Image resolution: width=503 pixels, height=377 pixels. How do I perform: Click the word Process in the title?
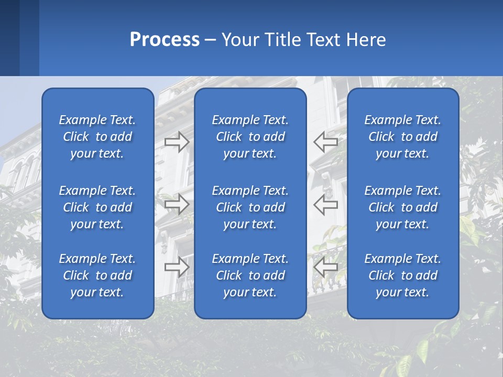click(165, 40)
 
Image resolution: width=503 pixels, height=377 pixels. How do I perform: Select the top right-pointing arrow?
click(177, 142)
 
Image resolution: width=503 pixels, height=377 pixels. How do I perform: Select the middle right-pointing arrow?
click(177, 204)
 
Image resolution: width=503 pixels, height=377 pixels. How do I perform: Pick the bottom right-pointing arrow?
click(177, 267)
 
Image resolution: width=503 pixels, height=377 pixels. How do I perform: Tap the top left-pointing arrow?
click(325, 142)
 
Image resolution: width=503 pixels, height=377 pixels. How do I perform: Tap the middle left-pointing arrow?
click(325, 204)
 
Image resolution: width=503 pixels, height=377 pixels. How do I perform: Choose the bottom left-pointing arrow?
click(325, 267)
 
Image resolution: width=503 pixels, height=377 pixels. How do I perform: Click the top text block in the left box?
click(97, 137)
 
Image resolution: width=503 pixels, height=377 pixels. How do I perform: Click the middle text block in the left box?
click(97, 207)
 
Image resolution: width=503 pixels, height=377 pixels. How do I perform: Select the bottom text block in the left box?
click(97, 275)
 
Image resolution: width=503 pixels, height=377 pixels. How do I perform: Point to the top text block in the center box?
click(250, 137)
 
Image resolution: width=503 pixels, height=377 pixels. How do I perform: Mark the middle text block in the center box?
click(250, 207)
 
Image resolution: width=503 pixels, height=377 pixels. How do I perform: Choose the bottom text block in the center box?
click(250, 275)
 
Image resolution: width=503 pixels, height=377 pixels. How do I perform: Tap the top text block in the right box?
click(402, 137)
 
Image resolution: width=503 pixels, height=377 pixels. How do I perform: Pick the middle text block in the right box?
click(402, 207)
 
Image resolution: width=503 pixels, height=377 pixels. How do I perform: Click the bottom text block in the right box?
click(402, 275)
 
